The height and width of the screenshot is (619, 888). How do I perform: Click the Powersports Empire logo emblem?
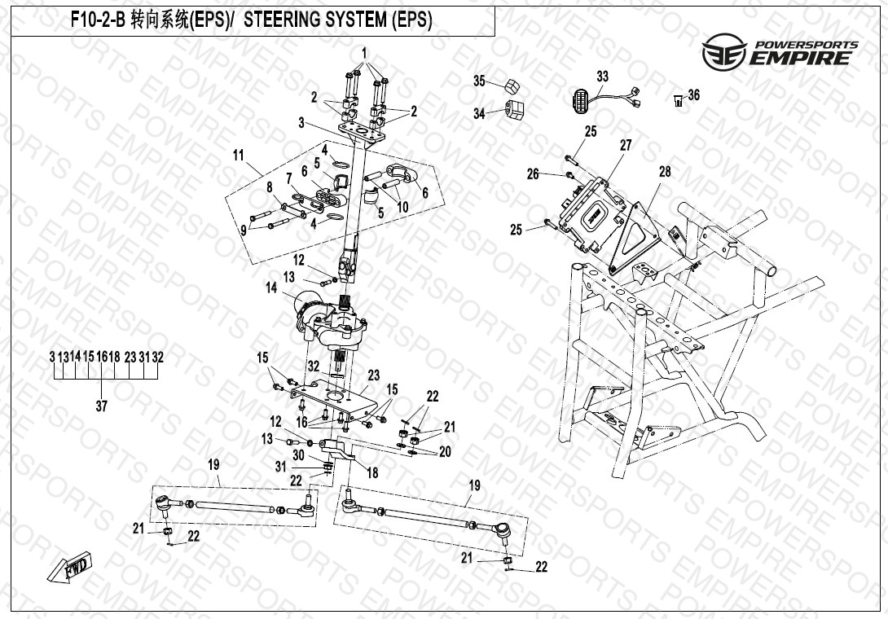tap(723, 50)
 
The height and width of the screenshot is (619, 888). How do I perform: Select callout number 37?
tap(101, 406)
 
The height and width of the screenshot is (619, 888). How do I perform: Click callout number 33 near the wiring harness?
tap(602, 77)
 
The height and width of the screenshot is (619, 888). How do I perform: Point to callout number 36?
tap(693, 95)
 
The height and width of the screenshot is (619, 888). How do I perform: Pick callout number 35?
tap(480, 81)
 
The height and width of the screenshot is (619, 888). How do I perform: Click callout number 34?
tap(479, 114)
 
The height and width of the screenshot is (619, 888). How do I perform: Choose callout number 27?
tap(626, 145)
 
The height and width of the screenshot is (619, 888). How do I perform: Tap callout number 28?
tap(665, 172)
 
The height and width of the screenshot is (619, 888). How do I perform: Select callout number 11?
tap(238, 154)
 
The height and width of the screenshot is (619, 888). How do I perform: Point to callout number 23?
tap(374, 375)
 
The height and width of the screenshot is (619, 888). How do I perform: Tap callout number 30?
tap(298, 454)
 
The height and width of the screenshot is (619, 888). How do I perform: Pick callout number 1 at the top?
tap(366, 51)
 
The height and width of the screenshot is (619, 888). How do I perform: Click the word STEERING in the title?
tap(286, 21)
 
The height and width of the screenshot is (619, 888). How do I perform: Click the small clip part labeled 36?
tap(677, 101)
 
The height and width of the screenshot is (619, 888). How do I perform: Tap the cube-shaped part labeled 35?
tap(511, 85)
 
